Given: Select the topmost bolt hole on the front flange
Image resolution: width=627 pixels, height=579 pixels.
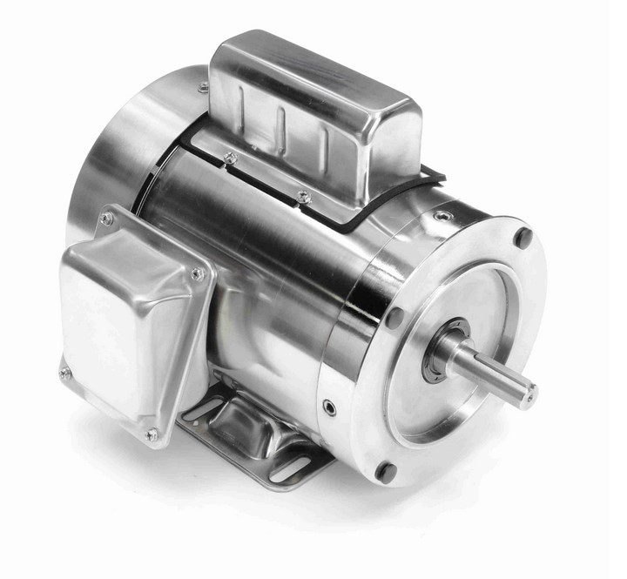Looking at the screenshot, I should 523,237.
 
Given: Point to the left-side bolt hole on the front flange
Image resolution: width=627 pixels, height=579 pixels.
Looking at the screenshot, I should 394,317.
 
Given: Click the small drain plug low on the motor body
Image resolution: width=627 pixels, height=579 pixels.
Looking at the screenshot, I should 330,407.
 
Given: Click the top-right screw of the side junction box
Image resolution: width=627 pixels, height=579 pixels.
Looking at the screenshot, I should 198,274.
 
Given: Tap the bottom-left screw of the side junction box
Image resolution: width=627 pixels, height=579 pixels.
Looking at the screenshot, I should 65,374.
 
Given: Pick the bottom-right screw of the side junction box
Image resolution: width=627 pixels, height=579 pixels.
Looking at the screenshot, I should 152,433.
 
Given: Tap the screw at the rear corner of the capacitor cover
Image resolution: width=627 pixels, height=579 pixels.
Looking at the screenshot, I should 202,87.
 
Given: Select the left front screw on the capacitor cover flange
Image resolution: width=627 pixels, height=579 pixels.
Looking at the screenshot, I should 230,158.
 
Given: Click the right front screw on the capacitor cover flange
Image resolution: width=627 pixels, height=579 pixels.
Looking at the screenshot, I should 303,196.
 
